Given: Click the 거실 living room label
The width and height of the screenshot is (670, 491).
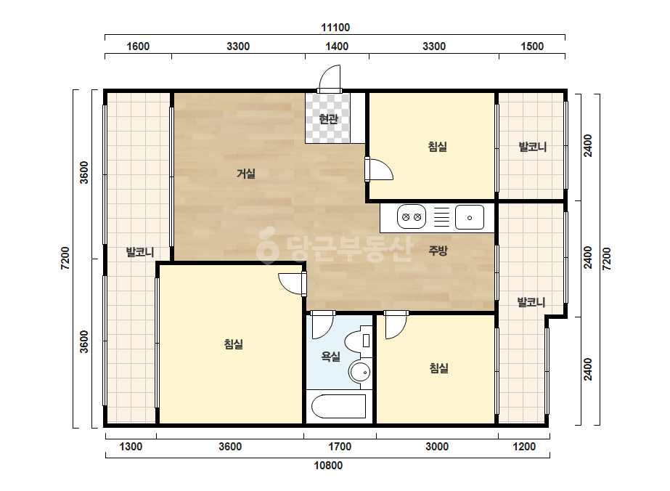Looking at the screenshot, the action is [246, 174].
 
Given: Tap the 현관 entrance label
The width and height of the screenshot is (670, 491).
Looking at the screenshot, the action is [329, 118].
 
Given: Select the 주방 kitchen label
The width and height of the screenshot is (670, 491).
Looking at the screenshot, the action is [438, 251].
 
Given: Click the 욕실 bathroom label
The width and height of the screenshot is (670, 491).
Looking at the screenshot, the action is [331, 357].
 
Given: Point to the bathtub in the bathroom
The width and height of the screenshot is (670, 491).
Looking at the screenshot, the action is [339, 406].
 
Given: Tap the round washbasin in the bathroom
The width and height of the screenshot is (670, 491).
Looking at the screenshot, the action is [360, 372].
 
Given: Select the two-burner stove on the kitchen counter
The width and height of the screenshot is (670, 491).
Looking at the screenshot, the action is [412, 217].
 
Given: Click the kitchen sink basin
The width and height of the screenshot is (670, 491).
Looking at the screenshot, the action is [470, 217].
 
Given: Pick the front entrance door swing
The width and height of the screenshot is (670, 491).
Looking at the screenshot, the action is [330, 78].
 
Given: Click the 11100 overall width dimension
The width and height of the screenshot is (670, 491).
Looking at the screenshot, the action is [335, 28].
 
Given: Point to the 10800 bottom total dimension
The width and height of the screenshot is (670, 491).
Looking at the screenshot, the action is [328, 466].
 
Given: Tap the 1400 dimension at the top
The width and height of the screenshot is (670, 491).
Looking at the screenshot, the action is [337, 46].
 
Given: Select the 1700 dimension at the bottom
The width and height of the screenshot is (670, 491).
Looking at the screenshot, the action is [340, 447].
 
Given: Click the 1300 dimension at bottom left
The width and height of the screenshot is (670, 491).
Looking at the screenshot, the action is [131, 447].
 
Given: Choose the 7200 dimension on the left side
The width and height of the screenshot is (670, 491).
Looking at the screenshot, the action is [65, 259].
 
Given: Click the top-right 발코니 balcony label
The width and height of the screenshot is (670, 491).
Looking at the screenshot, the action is [532, 147].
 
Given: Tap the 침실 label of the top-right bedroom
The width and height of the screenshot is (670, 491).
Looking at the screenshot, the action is [438, 147].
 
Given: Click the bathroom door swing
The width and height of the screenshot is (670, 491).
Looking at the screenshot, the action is [322, 326].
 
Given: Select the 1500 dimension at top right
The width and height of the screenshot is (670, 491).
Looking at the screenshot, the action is [532, 46].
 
